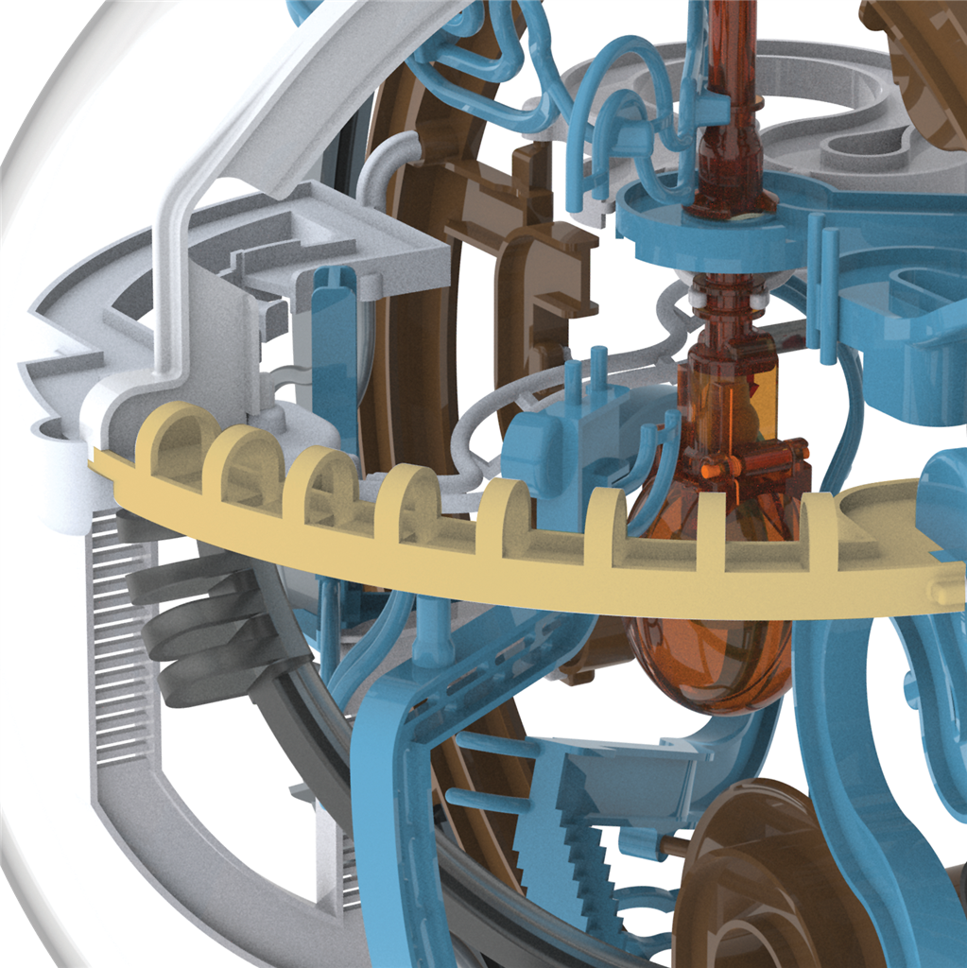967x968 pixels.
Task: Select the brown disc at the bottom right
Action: tap(756, 879)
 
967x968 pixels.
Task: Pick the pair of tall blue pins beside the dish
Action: tap(824, 293)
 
